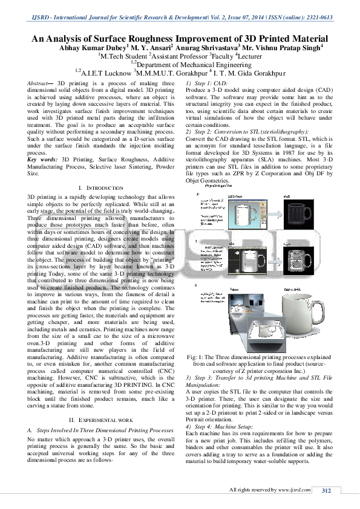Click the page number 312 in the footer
pyautogui.click(x=326, y=490)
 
